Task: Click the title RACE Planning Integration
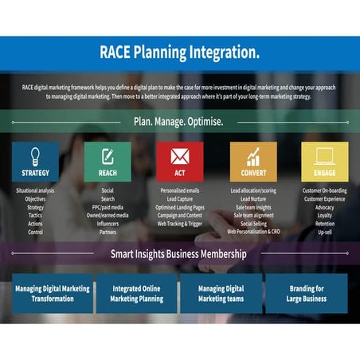179,53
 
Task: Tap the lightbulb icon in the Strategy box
35,155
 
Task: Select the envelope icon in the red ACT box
179,155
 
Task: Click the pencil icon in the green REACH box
108,155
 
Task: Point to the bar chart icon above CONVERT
253,156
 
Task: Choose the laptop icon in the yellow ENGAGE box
324,155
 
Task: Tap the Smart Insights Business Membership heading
178,254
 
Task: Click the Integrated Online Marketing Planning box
136,293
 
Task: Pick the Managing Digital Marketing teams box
221,293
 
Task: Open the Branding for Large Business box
306,293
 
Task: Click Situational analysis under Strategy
35,191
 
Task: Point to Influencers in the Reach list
108,225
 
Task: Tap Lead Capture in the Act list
179,199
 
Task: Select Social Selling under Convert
252,225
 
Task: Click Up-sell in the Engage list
324,233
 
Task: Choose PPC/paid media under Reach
108,208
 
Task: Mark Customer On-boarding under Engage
324,191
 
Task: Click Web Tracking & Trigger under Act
179,225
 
